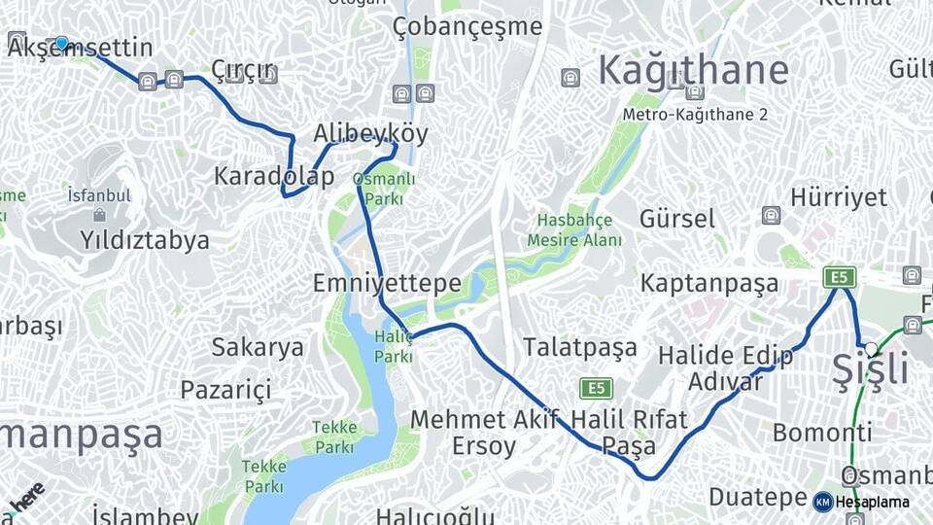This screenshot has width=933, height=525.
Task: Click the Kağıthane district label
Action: [x=692, y=70]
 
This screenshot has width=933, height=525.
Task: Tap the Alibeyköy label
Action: [x=370, y=133]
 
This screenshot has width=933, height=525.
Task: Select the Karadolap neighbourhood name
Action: [x=274, y=176]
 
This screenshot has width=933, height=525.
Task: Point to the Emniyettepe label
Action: [x=387, y=283]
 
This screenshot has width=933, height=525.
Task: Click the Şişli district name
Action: [x=870, y=370]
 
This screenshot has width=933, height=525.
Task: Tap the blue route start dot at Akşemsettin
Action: [x=62, y=43]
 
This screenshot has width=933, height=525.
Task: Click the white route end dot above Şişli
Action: [x=871, y=348]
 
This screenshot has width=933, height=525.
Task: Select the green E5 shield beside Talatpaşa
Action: [x=596, y=389]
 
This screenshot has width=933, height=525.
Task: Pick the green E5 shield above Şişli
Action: [x=840, y=277]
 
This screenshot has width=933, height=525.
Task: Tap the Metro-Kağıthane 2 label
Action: [x=696, y=115]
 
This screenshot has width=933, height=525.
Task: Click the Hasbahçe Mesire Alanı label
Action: [x=574, y=229]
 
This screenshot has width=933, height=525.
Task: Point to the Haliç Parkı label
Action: [x=394, y=347]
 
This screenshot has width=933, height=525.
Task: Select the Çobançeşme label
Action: [x=467, y=26]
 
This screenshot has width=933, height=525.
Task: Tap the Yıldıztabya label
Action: [x=145, y=240]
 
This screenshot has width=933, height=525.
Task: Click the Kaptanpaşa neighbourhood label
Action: [x=709, y=283]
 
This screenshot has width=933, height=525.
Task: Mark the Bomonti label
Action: [x=822, y=433]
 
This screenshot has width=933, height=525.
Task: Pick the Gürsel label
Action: [x=677, y=218]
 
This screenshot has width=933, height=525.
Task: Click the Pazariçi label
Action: [x=225, y=390]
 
